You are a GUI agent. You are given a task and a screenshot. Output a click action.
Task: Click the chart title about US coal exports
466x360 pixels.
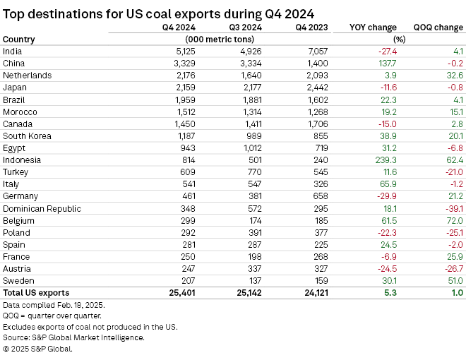pos(159,13)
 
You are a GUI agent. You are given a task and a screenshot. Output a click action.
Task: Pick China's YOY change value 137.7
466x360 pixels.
pos(386,63)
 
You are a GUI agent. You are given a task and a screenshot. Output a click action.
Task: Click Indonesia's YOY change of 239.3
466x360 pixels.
pos(386,160)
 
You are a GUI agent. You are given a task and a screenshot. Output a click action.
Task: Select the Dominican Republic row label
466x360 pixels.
pos(42,208)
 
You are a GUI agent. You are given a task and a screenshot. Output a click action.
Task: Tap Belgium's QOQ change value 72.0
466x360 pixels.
pos(453,220)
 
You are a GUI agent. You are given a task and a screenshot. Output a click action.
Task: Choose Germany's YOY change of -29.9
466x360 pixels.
pos(386,196)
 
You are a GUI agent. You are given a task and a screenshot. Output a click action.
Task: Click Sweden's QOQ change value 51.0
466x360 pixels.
pos(453,280)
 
